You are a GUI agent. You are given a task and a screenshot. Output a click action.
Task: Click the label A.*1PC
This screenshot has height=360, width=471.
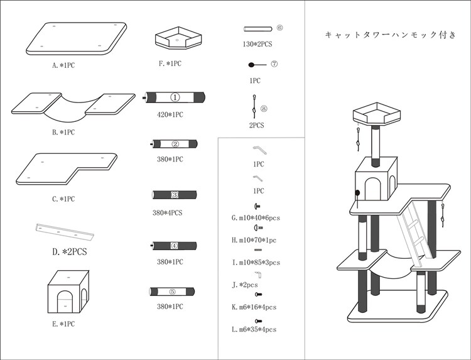[x=63, y=65]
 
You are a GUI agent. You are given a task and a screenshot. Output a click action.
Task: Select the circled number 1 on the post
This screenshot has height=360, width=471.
[x=175, y=97]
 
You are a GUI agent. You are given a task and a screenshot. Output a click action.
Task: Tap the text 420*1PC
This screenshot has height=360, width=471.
[x=170, y=114]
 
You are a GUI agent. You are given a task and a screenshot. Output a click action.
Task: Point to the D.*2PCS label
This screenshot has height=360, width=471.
[x=69, y=251]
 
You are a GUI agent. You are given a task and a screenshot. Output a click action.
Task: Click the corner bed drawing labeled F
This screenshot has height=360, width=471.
[x=178, y=38]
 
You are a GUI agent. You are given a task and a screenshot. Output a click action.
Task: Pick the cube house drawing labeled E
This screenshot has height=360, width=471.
[x=68, y=292]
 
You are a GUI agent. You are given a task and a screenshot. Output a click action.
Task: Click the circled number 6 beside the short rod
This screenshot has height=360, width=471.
[x=279, y=28]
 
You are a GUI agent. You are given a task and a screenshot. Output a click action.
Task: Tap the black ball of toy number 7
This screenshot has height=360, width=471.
[x=251, y=65]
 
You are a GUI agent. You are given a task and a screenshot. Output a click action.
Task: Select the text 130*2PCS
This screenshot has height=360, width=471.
[x=257, y=44]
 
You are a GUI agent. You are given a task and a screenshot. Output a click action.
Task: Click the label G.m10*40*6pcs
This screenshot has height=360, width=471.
[x=256, y=218]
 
